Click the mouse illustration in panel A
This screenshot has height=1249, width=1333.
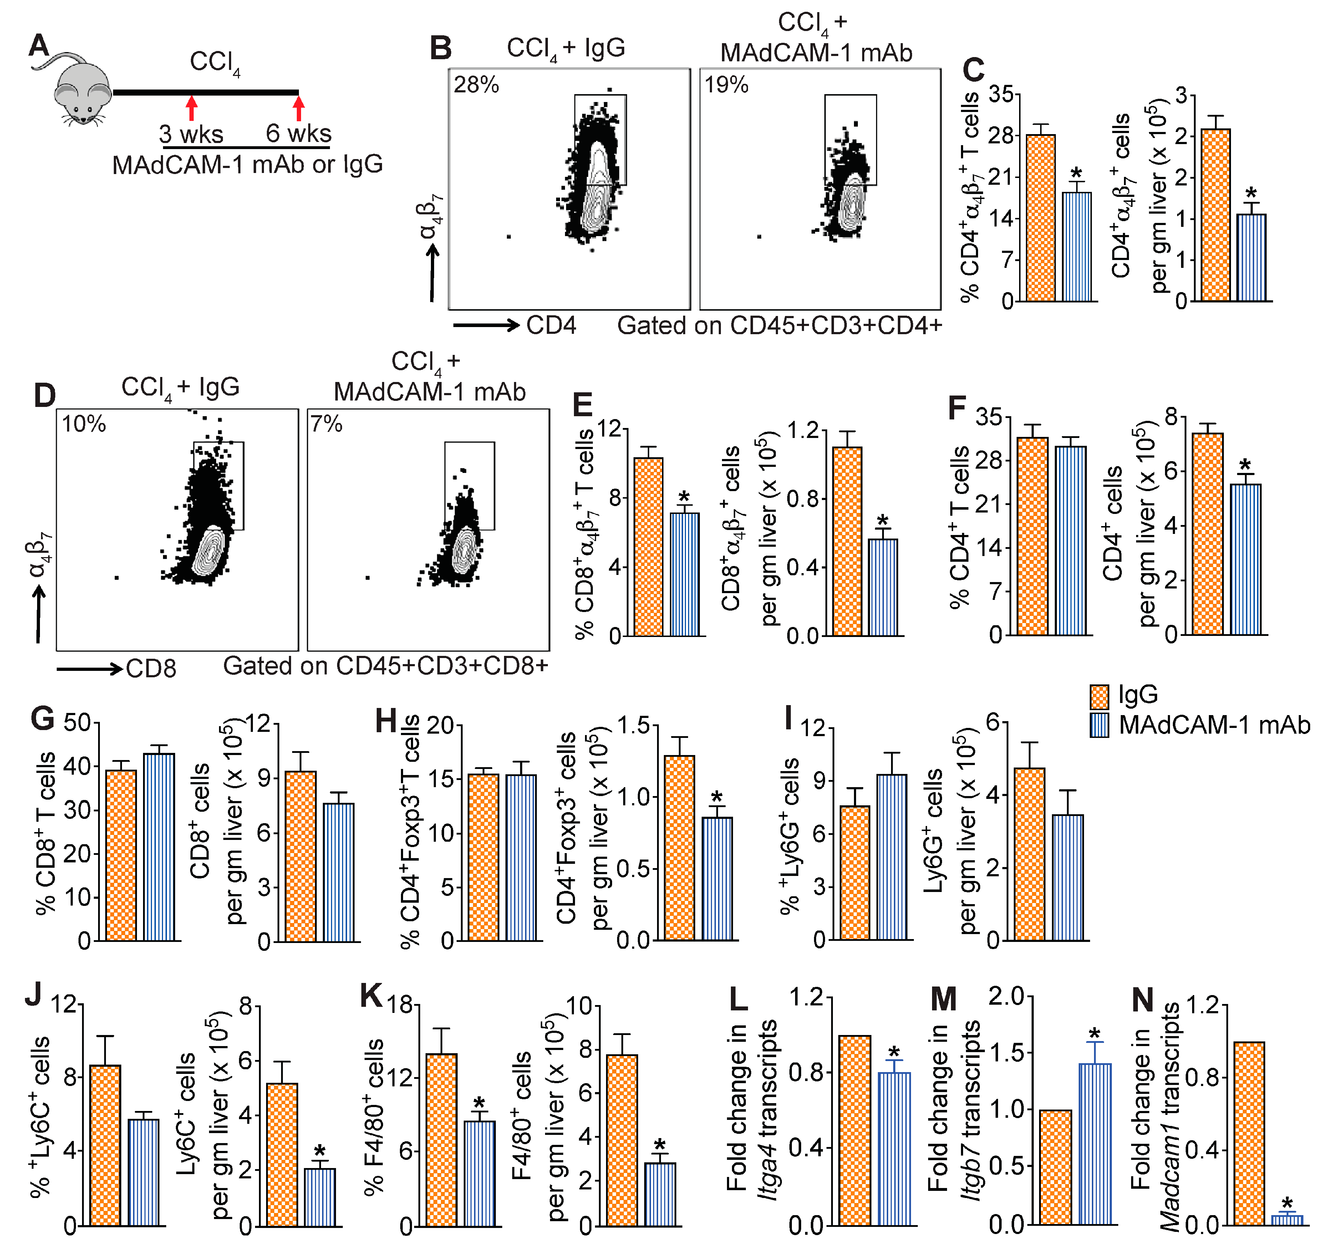(x=79, y=91)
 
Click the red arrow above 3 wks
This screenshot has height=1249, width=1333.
(x=192, y=107)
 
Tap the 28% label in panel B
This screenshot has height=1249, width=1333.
(x=476, y=85)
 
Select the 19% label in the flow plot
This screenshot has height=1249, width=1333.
(x=726, y=85)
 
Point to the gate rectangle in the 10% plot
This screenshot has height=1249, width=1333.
(x=219, y=485)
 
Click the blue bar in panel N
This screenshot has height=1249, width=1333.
(x=1287, y=1219)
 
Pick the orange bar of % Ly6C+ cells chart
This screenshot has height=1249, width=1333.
(x=105, y=1145)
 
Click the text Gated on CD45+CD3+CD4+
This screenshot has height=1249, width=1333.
(x=779, y=326)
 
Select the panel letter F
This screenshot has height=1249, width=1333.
(x=957, y=408)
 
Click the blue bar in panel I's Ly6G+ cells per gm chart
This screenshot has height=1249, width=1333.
(x=1068, y=878)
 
